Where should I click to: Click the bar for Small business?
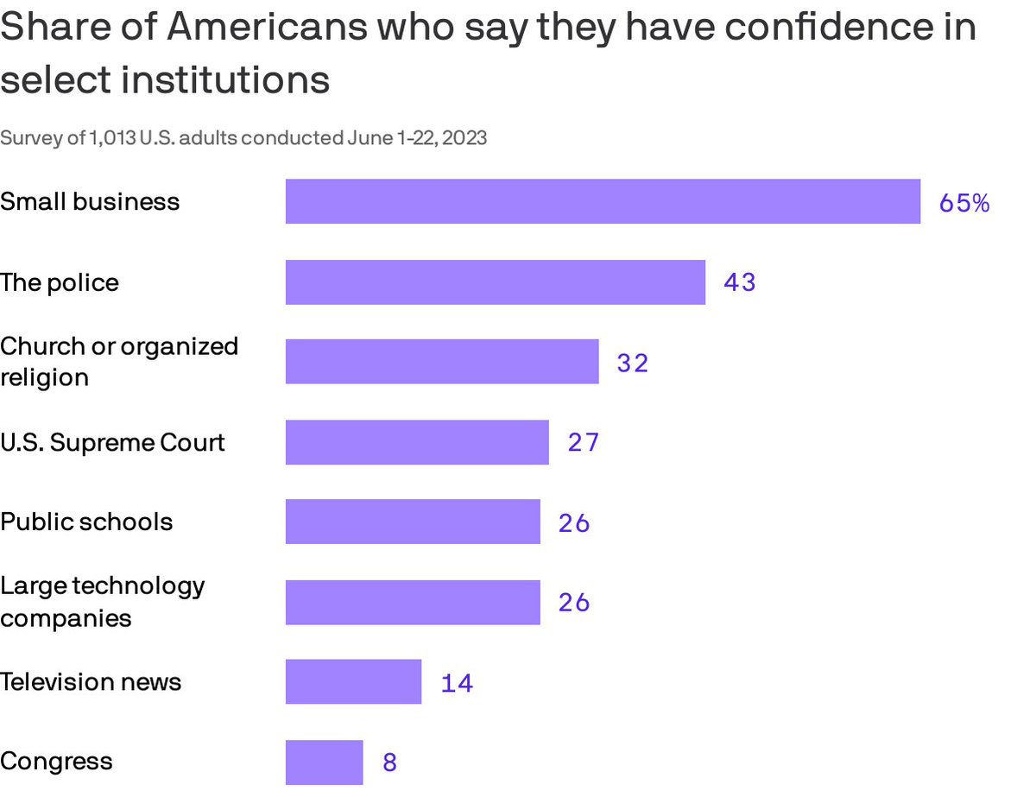pyautogui.click(x=603, y=201)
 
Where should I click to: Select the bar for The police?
pyautogui.click(x=495, y=282)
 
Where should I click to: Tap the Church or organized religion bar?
pyautogui.click(x=442, y=362)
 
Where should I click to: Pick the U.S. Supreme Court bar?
pyautogui.click(x=417, y=442)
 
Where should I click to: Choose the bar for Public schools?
pyautogui.click(x=413, y=522)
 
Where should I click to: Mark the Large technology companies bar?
pyautogui.click(x=413, y=602)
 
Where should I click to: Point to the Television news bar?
pyautogui.click(x=353, y=682)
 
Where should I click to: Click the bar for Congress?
pyautogui.click(x=324, y=762)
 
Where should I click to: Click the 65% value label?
pyautogui.click(x=964, y=203)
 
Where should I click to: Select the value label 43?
pyautogui.click(x=740, y=283)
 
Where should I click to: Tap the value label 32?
pyautogui.click(x=632, y=364)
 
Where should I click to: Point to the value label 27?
pyautogui.click(x=583, y=443)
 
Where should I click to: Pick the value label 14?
pyautogui.click(x=457, y=684)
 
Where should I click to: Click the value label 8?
pyautogui.click(x=389, y=763)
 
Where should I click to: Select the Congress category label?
pyautogui.click(x=56, y=762)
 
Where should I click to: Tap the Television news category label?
pyautogui.click(x=91, y=682)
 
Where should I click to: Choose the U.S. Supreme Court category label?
pyautogui.click(x=112, y=442)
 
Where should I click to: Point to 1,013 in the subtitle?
pyautogui.click(x=111, y=138)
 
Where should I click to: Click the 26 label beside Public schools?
pyautogui.click(x=574, y=523)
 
